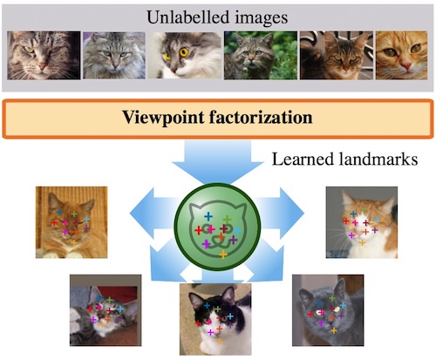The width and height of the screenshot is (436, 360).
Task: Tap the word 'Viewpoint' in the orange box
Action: [163, 118]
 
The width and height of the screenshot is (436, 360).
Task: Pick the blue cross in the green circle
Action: [208, 216]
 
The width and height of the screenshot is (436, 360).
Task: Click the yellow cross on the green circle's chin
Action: [223, 255]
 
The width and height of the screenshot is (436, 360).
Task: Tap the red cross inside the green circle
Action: [199, 231]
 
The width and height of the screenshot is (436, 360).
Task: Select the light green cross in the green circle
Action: [228, 219]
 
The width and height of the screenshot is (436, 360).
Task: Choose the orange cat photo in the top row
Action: [401, 55]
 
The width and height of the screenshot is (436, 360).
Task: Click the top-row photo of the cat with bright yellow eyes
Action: [185, 55]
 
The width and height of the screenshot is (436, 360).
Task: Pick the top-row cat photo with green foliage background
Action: [261, 55]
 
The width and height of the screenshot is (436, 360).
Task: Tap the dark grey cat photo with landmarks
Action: [328, 310]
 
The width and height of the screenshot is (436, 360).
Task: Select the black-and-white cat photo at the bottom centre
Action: [215, 319]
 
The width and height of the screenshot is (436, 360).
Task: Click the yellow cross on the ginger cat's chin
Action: [74, 242]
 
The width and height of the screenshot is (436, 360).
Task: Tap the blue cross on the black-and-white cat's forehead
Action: [207, 305]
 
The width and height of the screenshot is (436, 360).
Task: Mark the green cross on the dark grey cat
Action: [332, 298]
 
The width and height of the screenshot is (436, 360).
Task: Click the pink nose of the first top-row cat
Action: [43, 66]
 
